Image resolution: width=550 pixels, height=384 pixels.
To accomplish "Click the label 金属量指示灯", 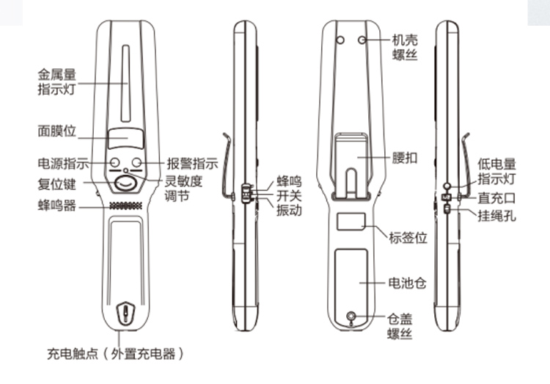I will pos(59,81).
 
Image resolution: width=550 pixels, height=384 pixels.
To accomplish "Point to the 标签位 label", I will pos(411,237).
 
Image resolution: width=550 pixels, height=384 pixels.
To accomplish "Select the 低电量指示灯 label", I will pos(497,170).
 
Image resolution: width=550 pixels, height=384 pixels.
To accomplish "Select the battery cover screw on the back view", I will pos(350,317).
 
